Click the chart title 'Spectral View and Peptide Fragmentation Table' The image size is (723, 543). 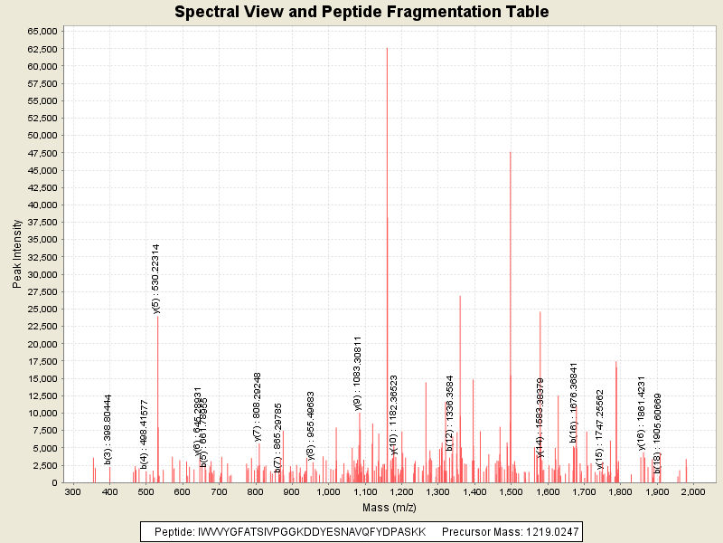pyautogui.click(x=361, y=12)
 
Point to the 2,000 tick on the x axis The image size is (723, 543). pyautogui.click(x=693, y=491)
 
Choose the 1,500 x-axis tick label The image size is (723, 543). pyautogui.click(x=511, y=491)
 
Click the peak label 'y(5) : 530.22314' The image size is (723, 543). pyautogui.click(x=156, y=279)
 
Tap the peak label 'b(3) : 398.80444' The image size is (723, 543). pyautogui.click(x=108, y=429)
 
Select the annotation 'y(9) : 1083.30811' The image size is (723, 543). pyautogui.click(x=358, y=373)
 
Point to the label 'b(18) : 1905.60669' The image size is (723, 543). pyautogui.click(x=658, y=433)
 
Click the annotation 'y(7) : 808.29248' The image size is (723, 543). pyautogui.click(x=258, y=407)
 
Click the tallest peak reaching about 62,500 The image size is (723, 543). pyautogui.click(x=387, y=54)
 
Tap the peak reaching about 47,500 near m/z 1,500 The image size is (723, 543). pyautogui.click(x=510, y=154)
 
